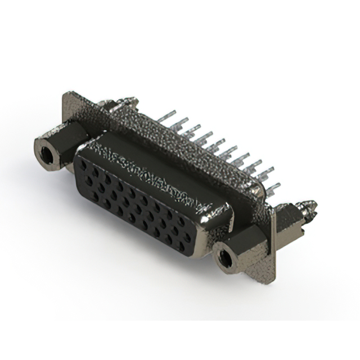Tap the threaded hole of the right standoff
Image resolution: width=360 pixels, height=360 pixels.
(x=225, y=258)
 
